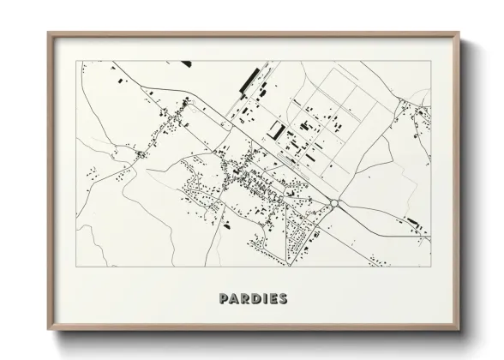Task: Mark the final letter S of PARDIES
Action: click(x=282, y=299)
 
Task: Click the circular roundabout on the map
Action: click(x=335, y=204)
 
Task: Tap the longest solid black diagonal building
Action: click(x=250, y=84)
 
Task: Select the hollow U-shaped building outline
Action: click(x=277, y=131)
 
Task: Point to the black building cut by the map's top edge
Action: click(x=185, y=63)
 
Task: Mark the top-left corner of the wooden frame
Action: click(x=47, y=32)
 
